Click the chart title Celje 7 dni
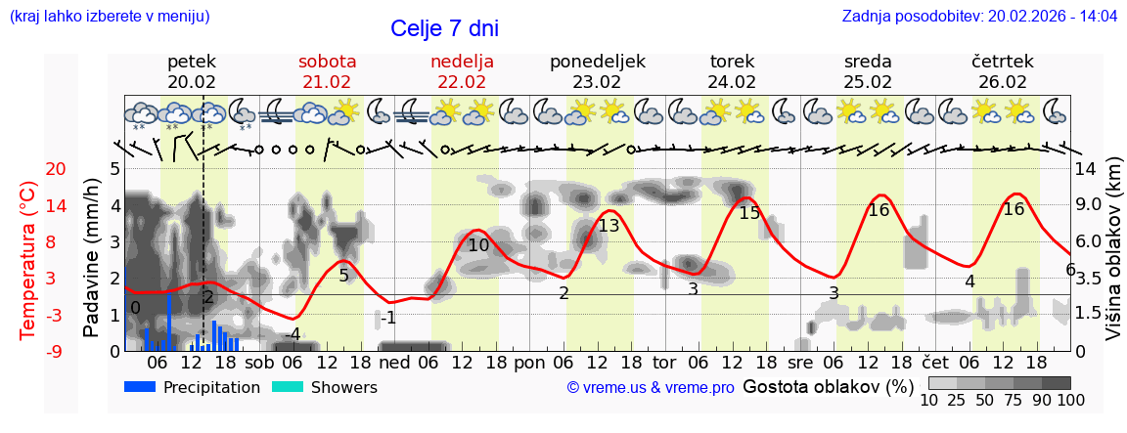point(450,28)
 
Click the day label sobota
point(327,62)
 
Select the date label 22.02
point(462,82)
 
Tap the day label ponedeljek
point(597,62)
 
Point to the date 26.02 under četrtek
point(1003,82)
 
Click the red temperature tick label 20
point(28,169)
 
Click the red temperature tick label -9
point(28,351)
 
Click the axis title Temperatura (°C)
point(28,260)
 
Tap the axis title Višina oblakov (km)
point(1113,260)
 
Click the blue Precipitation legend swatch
point(140,387)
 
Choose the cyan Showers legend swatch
point(287,387)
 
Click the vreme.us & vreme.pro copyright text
point(651,388)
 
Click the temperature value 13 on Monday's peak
point(609,226)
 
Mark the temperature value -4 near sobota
point(291,334)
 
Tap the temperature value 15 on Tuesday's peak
point(749,213)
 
